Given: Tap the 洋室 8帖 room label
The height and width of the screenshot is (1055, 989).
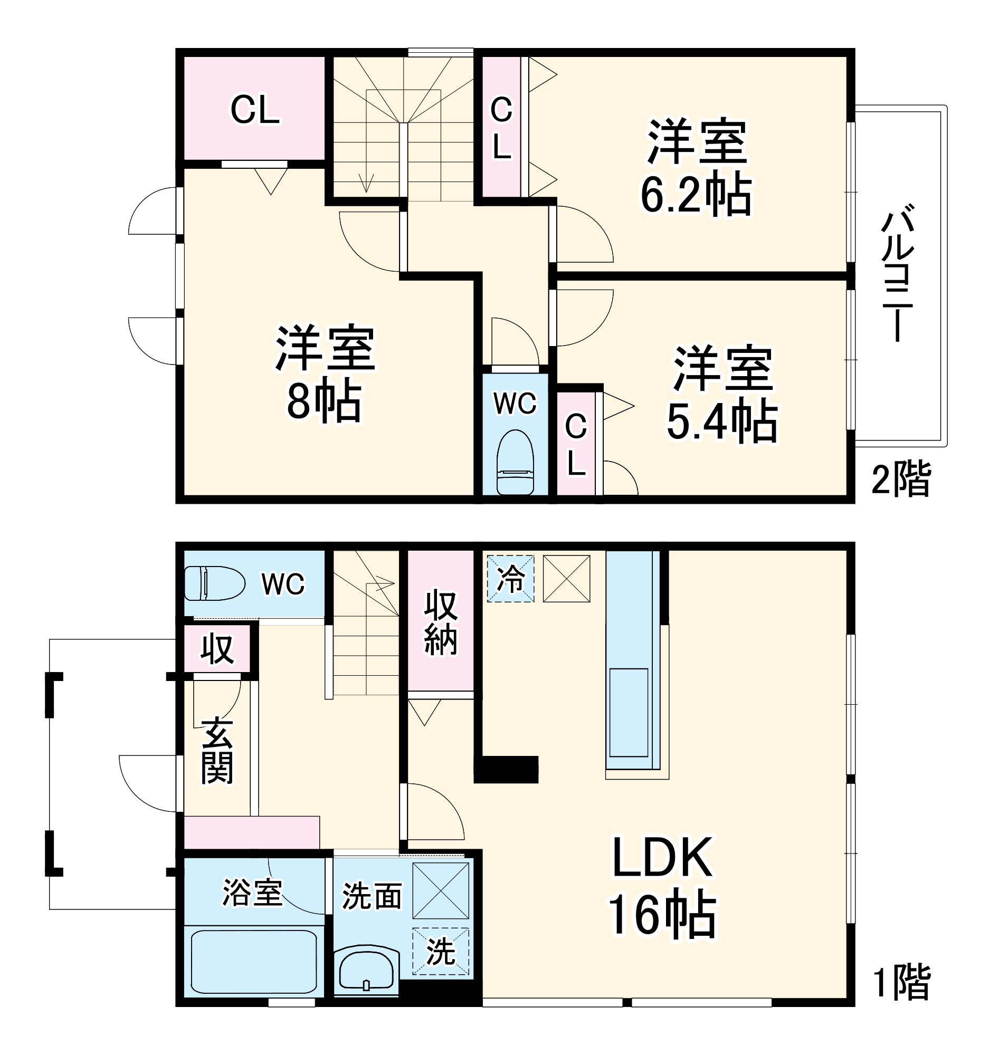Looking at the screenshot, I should pyautogui.click(x=325, y=375).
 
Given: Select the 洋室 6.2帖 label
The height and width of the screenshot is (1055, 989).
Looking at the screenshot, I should pyautogui.click(x=697, y=169).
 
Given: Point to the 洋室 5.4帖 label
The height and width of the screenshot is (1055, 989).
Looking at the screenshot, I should pyautogui.click(x=722, y=395).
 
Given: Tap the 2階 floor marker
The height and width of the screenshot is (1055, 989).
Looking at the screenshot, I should pyautogui.click(x=901, y=479).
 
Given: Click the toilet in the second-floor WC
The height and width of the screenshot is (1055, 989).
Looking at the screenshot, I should pyautogui.click(x=515, y=462).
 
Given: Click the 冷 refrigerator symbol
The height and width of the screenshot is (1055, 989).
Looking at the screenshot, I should pyautogui.click(x=511, y=579).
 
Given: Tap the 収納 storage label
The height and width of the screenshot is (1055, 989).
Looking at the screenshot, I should pyautogui.click(x=441, y=622).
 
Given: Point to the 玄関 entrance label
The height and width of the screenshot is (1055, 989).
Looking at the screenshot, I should pyautogui.click(x=217, y=751).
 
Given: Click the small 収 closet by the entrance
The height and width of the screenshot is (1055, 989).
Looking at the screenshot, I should pyautogui.click(x=217, y=648).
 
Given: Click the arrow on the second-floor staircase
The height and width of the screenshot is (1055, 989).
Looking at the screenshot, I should pyautogui.click(x=366, y=183).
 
